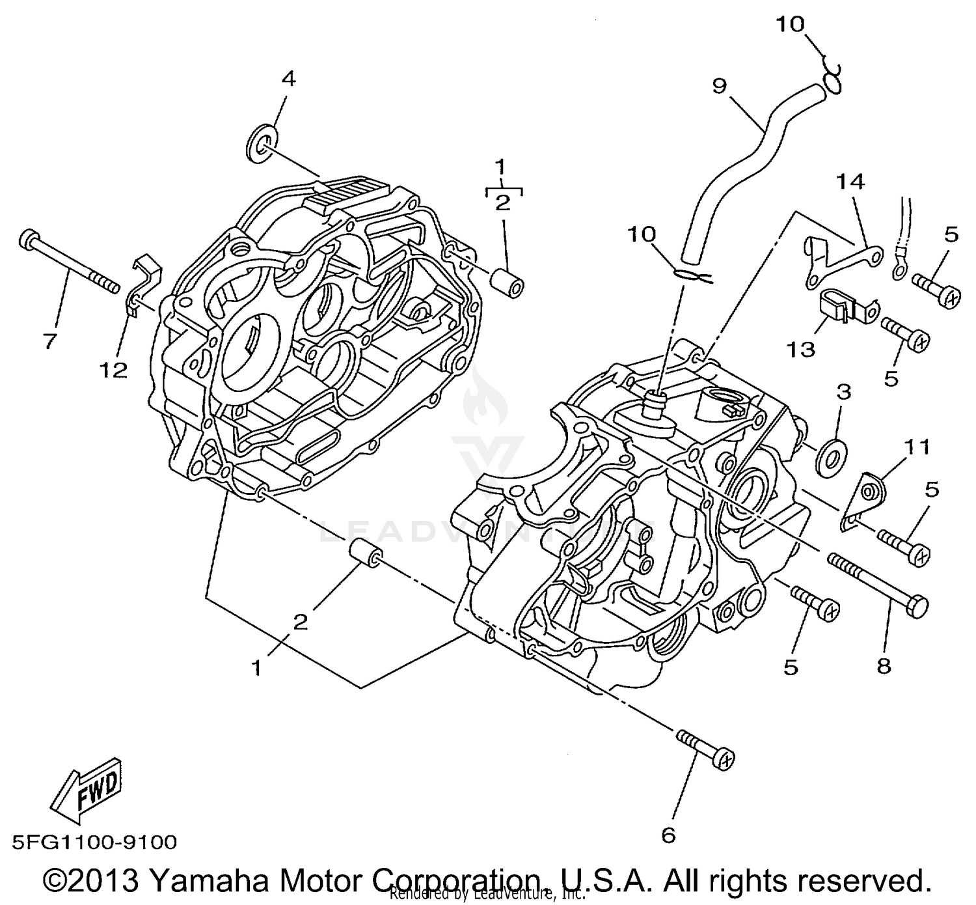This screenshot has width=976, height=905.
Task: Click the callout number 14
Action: (850, 182)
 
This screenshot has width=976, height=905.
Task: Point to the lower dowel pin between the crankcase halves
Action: (365, 554)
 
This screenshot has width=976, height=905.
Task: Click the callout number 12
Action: (113, 370)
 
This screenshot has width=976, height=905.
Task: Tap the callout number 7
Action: (50, 341)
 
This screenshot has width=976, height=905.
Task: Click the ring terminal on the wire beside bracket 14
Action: (899, 266)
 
